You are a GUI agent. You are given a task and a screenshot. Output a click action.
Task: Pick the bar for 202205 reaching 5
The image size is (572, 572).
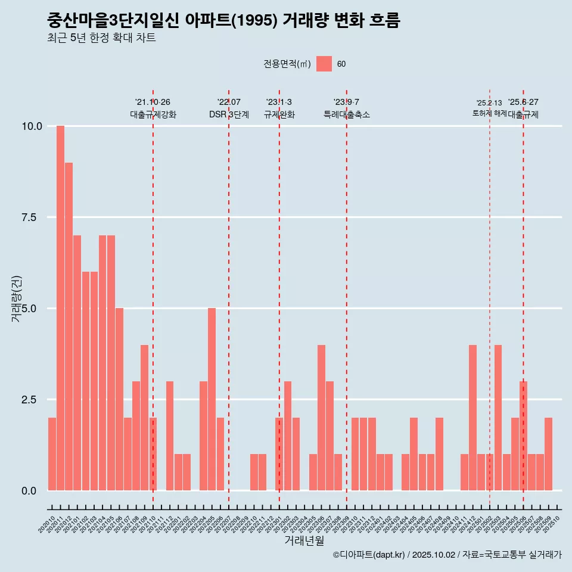(212, 399)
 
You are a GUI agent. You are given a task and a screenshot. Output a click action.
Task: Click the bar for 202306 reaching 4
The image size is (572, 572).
(321, 417)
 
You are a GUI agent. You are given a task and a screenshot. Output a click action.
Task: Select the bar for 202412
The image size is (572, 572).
(472, 417)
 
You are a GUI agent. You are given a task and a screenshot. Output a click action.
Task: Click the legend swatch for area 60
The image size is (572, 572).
(324, 64)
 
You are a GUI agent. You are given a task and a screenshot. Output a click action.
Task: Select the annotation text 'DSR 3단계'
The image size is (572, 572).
(229, 114)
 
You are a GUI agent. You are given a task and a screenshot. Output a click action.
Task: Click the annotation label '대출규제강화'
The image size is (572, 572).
(153, 114)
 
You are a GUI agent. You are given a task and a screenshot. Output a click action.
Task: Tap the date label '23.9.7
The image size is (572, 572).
(346, 102)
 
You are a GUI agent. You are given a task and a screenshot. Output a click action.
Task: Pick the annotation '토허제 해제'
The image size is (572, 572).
(489, 113)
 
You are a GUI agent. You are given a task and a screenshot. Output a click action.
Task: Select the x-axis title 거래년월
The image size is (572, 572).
(304, 541)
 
